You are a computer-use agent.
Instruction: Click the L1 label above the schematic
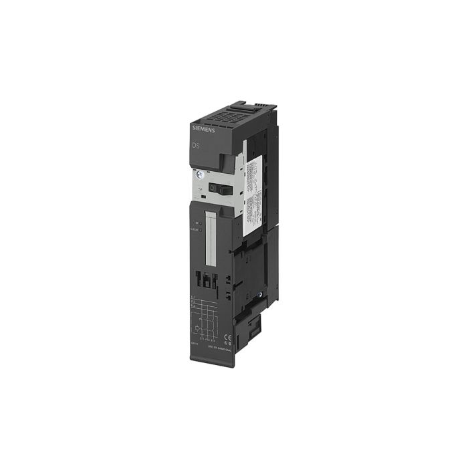[x=194, y=296]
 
